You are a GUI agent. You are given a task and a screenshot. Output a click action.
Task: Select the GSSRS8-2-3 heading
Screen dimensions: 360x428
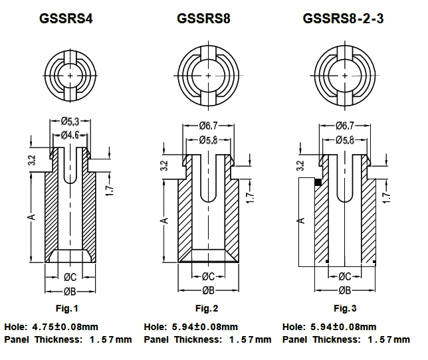click(x=343, y=19)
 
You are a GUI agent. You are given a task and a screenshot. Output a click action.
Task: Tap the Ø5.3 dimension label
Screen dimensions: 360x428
click(x=70, y=122)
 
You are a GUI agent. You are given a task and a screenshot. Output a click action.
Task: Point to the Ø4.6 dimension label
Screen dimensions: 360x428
click(x=70, y=135)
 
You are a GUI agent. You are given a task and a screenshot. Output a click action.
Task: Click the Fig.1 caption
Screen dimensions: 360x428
click(x=66, y=308)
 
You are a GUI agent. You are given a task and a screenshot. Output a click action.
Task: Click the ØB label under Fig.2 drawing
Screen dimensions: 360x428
click(x=207, y=290)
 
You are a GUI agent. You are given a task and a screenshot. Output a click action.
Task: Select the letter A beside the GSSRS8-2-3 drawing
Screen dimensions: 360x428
click(x=300, y=219)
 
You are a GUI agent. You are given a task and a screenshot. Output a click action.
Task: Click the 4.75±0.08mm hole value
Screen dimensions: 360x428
click(x=66, y=327)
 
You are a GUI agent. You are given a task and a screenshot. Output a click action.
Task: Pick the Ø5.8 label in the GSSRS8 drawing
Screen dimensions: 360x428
click(x=208, y=140)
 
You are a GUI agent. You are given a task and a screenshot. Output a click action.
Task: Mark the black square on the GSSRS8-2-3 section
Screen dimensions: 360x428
click(x=318, y=182)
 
